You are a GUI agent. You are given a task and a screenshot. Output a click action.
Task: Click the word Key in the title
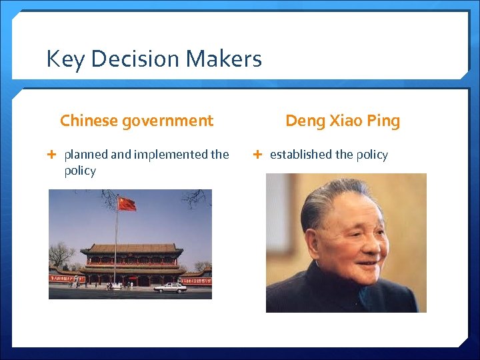tap(65, 59)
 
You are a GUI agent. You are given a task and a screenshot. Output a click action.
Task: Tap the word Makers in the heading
tap(225, 59)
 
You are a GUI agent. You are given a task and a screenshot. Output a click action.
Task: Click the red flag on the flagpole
tap(127, 204)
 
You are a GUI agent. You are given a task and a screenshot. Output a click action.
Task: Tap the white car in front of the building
tap(170, 288)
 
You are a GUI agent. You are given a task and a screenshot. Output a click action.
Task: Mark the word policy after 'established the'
tap(372, 155)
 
